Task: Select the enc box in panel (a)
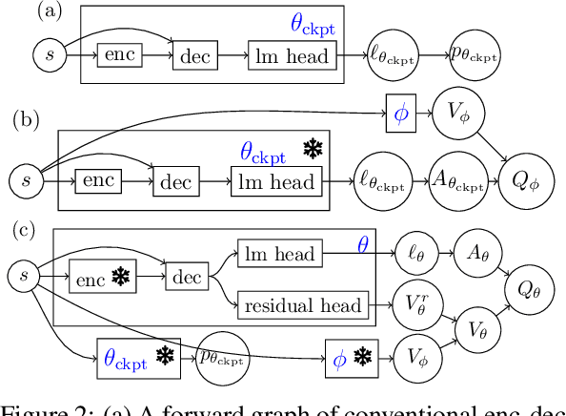tap(119, 55)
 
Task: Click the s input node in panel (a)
tap(50, 56)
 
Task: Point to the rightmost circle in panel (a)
tap(474, 56)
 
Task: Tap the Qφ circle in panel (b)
tap(520, 178)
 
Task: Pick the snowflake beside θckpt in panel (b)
tap(313, 149)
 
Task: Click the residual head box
tap(303, 305)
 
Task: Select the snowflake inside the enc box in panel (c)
tap(120, 279)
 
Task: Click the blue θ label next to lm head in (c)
tap(362, 245)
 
